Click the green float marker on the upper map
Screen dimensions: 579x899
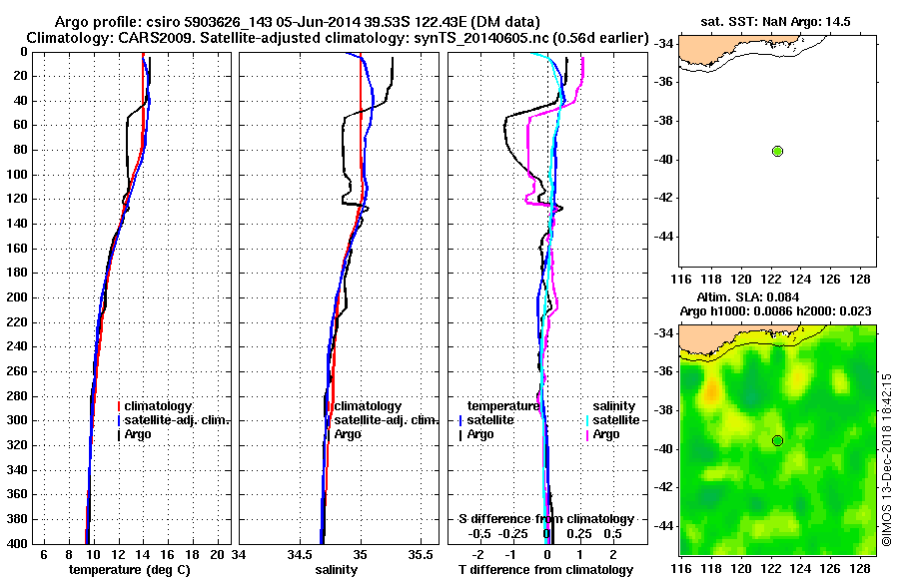click(777, 151)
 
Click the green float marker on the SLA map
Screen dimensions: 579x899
click(777, 440)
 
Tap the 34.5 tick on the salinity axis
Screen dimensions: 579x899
click(299, 554)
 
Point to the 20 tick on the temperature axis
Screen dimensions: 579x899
click(220, 554)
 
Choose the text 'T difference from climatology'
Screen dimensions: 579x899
click(545, 570)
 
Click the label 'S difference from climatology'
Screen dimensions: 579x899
click(545, 519)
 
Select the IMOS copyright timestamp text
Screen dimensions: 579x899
click(886, 459)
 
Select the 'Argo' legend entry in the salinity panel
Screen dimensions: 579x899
click(348, 434)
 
